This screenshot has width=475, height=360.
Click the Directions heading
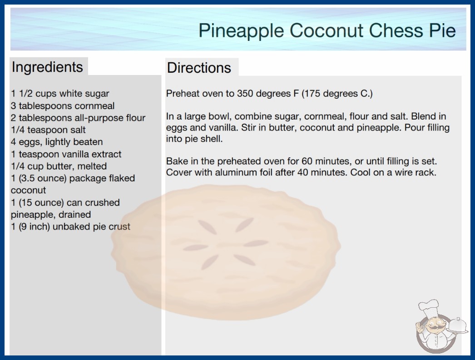pyautogui.click(x=199, y=68)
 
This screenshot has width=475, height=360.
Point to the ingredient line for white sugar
pyautogui.click(x=60, y=94)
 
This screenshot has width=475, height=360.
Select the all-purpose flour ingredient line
pyautogui.click(x=78, y=118)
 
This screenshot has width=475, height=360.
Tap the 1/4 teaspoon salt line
pyautogui.click(x=48, y=130)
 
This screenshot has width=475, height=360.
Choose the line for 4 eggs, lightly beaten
pyautogui.click(x=57, y=142)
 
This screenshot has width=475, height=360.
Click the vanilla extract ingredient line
pyautogui.click(x=66, y=154)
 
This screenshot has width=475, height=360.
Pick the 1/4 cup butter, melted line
pyautogui.click(x=59, y=166)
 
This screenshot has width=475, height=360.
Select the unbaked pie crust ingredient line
pyautogui.click(x=70, y=227)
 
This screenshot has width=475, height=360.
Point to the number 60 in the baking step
pyautogui.click(x=298, y=161)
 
